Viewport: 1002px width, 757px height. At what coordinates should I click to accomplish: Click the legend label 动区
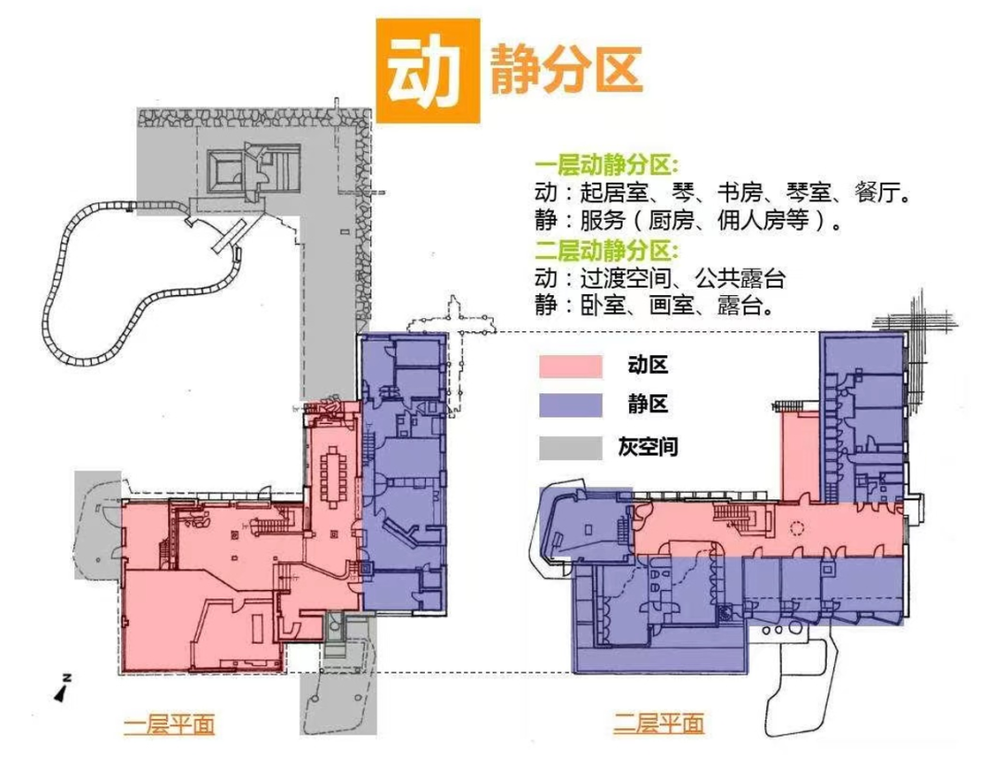pyautogui.click(x=648, y=366)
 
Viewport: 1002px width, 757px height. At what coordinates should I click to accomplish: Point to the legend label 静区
pyautogui.click(x=648, y=404)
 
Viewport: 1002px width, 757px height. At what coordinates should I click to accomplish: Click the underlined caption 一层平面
pyautogui.click(x=169, y=723)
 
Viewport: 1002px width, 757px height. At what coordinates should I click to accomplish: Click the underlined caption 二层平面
pyautogui.click(x=659, y=723)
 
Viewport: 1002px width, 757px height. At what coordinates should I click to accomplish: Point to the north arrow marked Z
pyautogui.click(x=62, y=686)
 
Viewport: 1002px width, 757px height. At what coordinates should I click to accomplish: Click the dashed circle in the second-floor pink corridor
pyautogui.click(x=795, y=530)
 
